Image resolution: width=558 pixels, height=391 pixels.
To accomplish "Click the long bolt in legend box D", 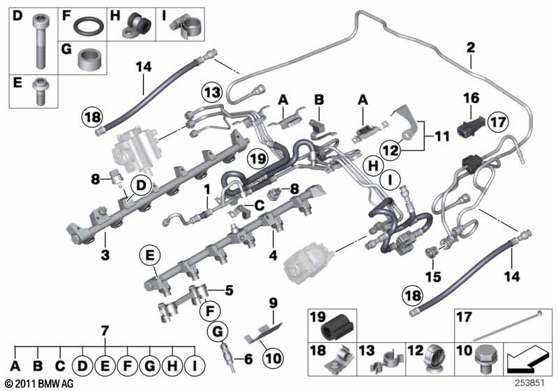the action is coord(40,41).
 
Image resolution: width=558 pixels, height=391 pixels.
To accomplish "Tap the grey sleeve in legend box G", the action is coord(89,58).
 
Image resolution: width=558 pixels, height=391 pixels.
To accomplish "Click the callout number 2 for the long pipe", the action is coord(470,47).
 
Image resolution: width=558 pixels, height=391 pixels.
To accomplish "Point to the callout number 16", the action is coord(472,98).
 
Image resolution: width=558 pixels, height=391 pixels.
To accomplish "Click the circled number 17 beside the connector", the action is coord(498,121).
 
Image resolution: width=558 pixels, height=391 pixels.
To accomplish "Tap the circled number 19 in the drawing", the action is coord(257,158).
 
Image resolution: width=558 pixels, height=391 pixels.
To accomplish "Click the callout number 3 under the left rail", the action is coord(105,256).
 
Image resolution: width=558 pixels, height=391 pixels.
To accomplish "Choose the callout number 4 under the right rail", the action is coord(273,256).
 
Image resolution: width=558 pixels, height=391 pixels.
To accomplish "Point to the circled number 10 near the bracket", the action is coord(273,358).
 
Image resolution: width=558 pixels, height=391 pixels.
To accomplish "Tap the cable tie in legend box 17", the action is coord(507,325).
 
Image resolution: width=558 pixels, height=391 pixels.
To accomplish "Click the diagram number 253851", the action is coord(530,383).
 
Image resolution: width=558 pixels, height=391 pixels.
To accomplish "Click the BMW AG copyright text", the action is coord(40,384).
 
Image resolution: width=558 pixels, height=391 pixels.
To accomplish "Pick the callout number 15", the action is coord(433,276).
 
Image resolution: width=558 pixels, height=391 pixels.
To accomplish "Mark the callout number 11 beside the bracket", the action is coord(442,136).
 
